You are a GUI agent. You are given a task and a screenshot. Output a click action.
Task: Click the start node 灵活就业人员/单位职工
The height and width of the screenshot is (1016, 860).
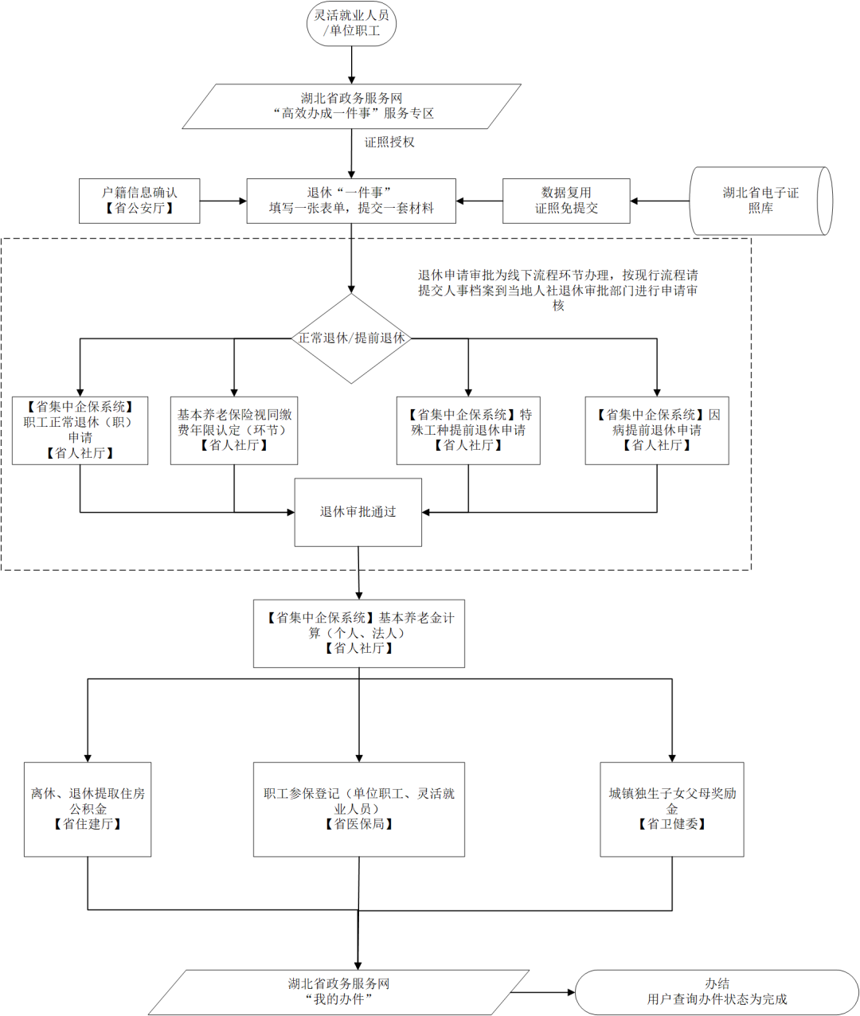tap(351, 23)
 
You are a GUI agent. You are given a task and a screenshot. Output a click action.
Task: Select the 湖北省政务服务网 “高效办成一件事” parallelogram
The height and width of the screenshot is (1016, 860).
tap(352, 106)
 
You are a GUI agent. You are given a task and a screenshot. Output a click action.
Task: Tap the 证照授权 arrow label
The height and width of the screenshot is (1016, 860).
tap(389, 143)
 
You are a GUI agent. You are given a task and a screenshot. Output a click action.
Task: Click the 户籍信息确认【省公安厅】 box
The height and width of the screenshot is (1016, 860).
tap(139, 201)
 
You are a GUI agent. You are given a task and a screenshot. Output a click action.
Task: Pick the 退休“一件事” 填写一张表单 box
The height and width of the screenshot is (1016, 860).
tap(351, 201)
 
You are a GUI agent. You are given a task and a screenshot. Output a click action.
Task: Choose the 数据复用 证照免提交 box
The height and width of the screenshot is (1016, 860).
tap(566, 201)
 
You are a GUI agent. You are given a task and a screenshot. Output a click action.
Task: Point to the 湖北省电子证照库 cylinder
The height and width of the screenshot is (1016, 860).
tap(760, 201)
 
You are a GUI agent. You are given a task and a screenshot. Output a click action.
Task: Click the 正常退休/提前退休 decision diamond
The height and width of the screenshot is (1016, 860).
tap(351, 338)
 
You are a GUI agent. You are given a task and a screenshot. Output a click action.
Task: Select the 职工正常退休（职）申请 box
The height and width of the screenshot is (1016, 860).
tap(80, 430)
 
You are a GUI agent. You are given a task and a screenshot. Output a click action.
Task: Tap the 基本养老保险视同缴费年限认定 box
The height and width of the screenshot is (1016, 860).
tap(234, 430)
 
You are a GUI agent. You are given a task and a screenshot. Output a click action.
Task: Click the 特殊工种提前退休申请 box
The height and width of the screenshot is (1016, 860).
tap(468, 430)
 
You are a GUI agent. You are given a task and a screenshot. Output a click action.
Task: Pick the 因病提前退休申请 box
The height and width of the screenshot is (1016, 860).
tap(657, 430)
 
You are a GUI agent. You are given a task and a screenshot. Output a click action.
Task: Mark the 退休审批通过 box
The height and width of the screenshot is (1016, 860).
tap(358, 512)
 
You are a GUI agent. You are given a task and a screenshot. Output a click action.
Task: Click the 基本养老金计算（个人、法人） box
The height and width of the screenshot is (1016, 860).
tap(359, 633)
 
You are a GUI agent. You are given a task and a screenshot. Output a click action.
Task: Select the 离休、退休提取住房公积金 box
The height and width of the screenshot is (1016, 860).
tap(88, 809)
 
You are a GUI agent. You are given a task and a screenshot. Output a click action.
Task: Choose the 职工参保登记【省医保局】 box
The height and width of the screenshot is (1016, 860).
tap(359, 809)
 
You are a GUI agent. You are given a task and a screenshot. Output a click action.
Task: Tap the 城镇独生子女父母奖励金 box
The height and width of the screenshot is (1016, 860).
tap(672, 809)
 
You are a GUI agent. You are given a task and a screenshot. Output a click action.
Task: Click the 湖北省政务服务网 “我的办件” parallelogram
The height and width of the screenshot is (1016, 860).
tap(339, 991)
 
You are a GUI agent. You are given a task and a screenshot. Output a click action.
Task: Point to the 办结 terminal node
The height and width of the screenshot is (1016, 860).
tap(717, 991)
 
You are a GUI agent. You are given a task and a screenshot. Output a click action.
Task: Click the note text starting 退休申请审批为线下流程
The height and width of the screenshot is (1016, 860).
tap(558, 290)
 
